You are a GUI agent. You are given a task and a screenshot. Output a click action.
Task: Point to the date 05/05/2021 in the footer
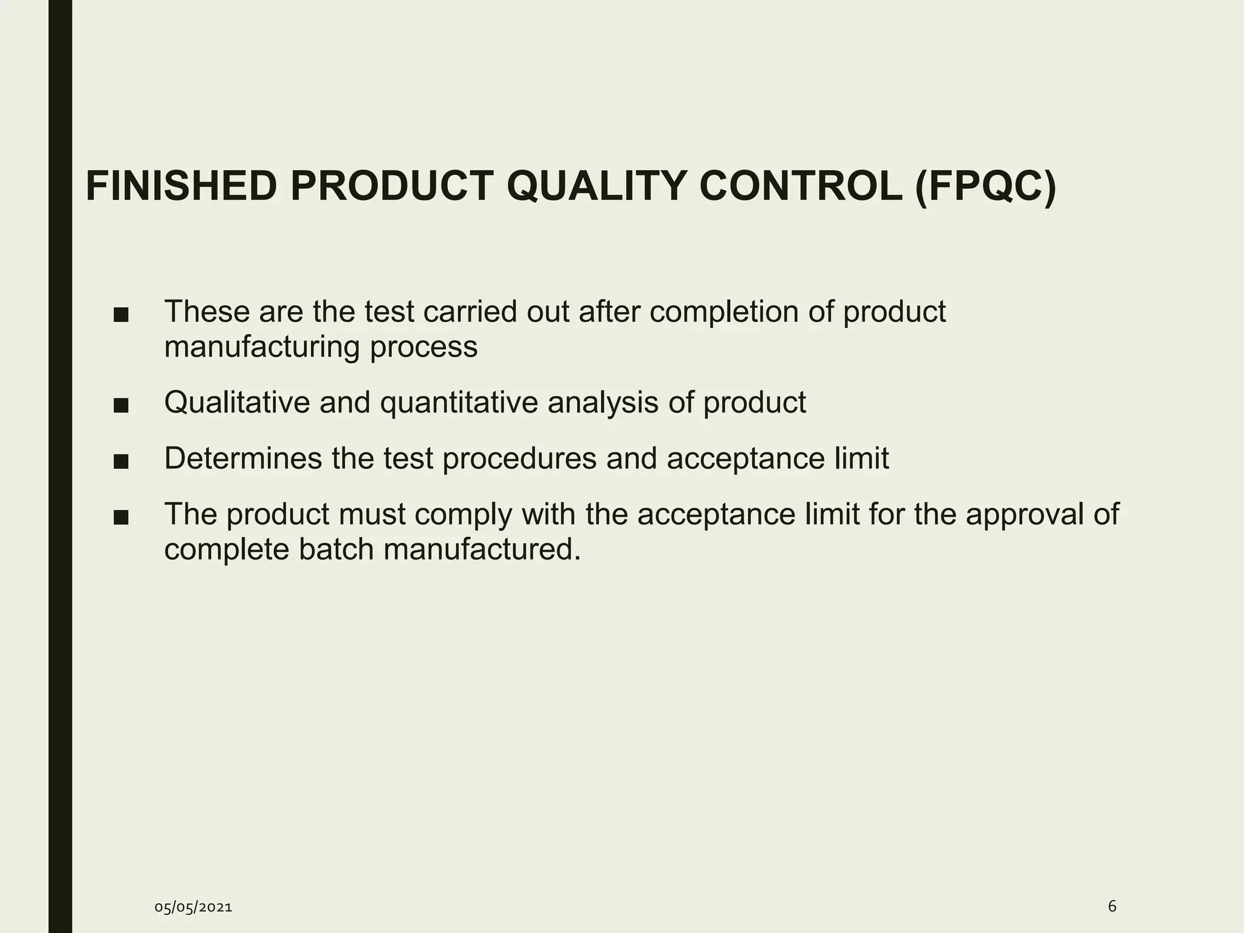tap(193, 907)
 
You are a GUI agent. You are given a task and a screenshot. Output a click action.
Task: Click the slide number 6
tap(1112, 906)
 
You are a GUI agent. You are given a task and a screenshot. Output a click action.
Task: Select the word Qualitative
tap(237, 402)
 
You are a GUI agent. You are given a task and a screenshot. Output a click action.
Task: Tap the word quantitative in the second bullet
tap(459, 402)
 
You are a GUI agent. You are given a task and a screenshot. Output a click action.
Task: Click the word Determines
tap(243, 458)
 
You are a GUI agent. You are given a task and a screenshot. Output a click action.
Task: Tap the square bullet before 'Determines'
tap(121, 461)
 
